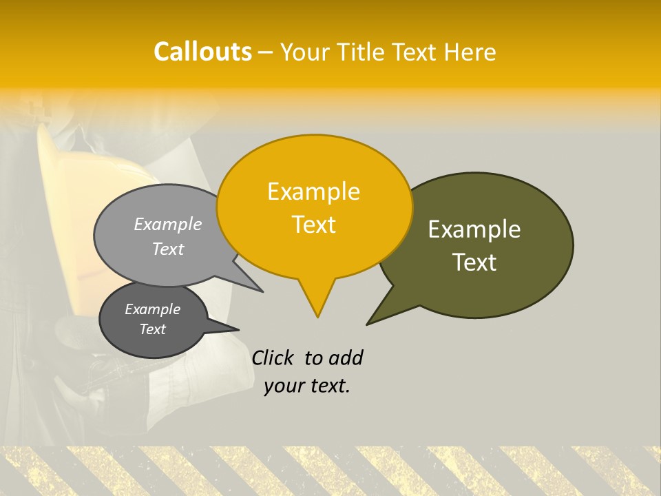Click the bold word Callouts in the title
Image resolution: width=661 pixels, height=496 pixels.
point(202,52)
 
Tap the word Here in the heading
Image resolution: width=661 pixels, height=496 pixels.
point(470,52)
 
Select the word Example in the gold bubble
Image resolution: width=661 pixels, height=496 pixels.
point(313,192)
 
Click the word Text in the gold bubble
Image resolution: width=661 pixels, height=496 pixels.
point(313,225)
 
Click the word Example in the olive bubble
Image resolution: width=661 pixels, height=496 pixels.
point(474,229)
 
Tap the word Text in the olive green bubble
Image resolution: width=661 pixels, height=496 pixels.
point(474,262)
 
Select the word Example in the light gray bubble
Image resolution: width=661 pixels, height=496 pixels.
point(168,224)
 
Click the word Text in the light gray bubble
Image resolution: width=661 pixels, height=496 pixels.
point(168,249)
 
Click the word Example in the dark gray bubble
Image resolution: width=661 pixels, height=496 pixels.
point(152,309)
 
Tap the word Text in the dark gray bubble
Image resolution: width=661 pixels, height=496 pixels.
point(152,329)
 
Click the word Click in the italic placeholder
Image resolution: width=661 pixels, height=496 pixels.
point(275,358)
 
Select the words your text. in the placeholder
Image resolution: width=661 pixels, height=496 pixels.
point(307,386)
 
